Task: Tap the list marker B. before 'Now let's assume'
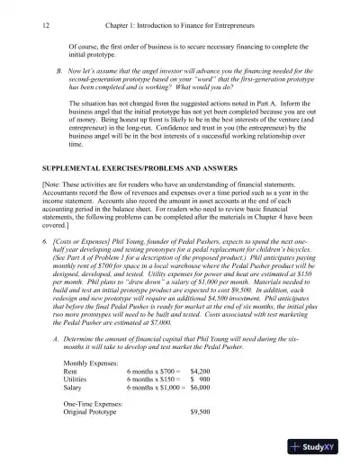point(58,68)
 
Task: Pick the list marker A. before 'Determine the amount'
point(58,336)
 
